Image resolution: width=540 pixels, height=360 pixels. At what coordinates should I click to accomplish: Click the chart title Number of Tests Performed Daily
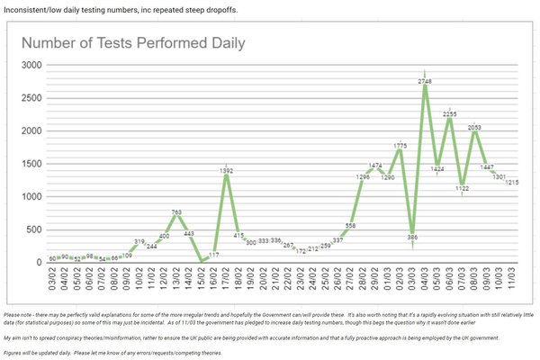coord(132,43)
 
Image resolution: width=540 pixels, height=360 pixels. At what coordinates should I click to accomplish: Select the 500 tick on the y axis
coord(34,229)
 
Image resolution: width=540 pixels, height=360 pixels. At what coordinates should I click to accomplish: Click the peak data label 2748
coord(424,82)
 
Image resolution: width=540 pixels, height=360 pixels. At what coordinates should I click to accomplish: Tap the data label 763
coord(177,212)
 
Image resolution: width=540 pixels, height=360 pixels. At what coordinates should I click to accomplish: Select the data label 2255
coord(449,114)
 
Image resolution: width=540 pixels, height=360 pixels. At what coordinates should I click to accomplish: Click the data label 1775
coord(400,146)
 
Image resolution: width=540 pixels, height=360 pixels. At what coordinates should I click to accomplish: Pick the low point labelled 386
coord(412,238)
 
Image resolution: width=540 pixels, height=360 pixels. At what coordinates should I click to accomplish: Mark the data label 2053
coord(474,128)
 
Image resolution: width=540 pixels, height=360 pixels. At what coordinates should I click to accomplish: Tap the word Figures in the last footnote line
coord(15,352)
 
